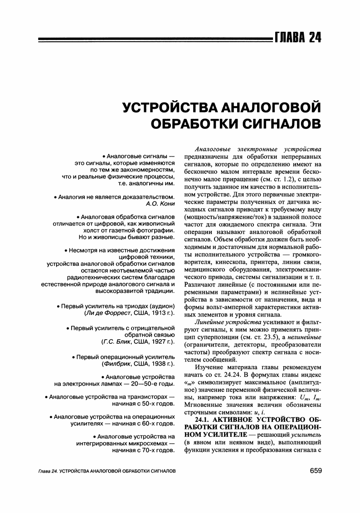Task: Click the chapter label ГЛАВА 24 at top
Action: [297, 37]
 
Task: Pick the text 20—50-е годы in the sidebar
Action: [154, 384]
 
